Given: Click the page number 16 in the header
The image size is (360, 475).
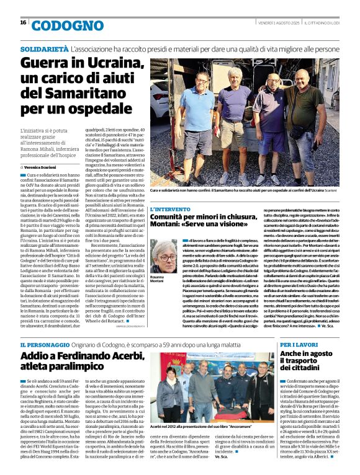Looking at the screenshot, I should coord(23,23).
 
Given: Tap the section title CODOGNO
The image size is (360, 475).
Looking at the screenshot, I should coord(60,25).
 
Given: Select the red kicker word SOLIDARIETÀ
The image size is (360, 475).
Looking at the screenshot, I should coord(44,48).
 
